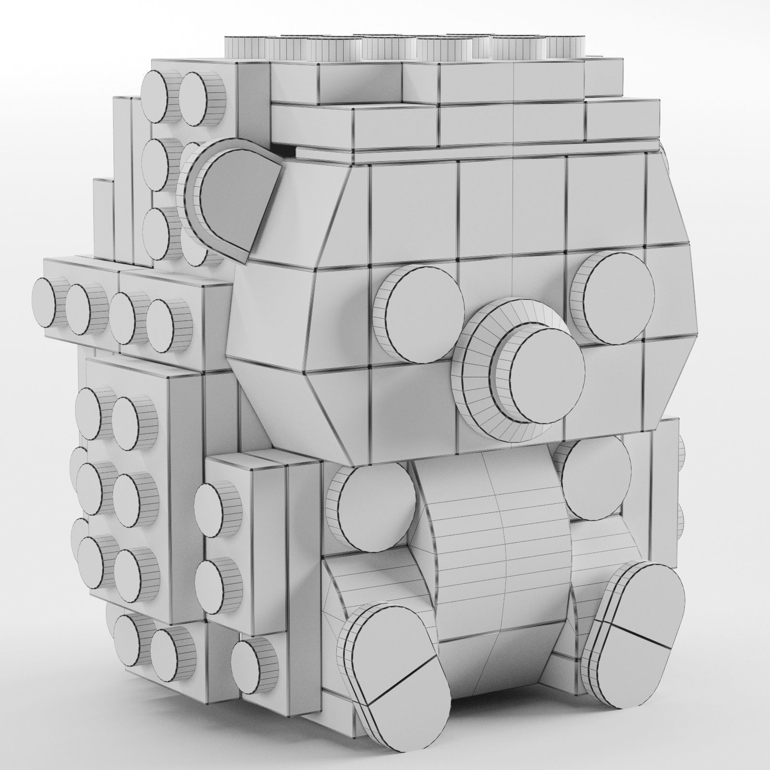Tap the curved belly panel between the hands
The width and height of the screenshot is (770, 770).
(500, 525)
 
